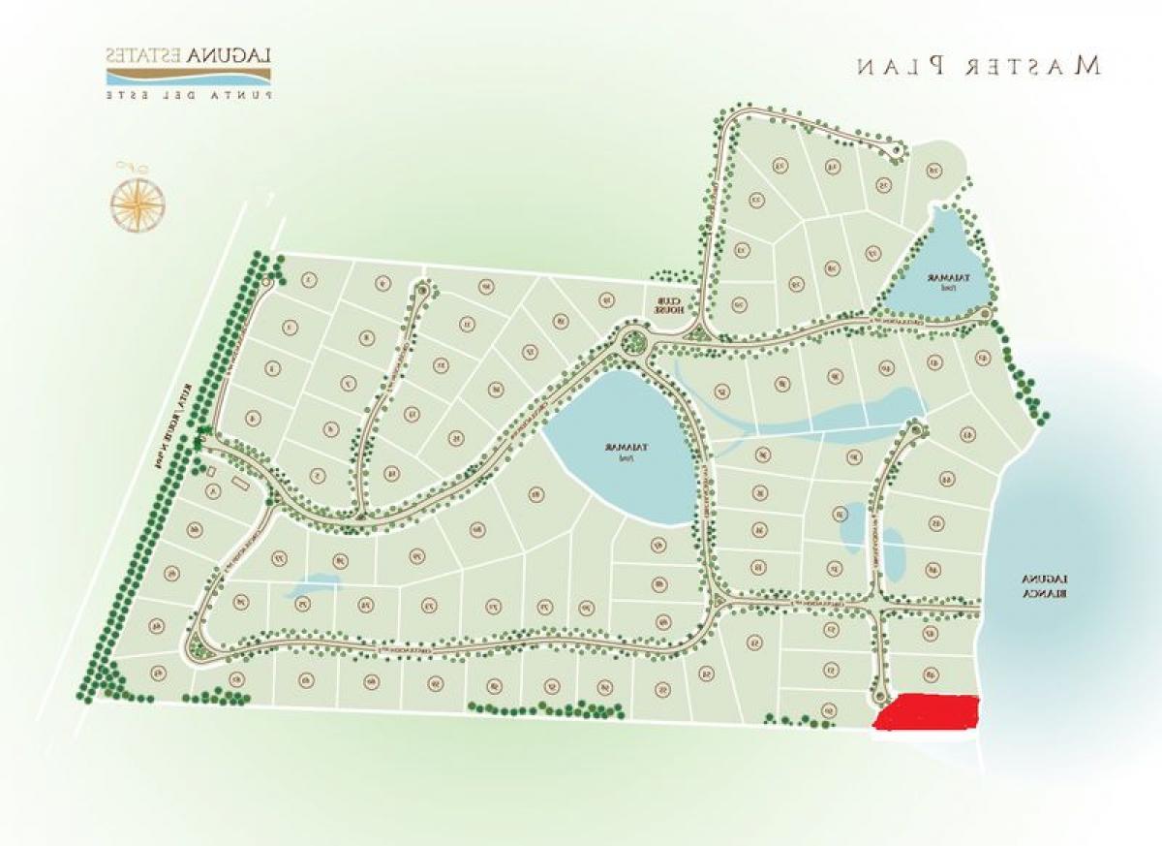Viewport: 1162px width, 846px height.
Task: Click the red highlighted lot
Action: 927,712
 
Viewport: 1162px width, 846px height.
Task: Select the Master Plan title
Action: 978,66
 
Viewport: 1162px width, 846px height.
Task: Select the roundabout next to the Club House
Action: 634,340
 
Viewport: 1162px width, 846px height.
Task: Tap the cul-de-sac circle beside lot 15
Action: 896,151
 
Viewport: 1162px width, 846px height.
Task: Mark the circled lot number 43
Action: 966,435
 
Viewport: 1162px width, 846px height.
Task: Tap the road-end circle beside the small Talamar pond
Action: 985,313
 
